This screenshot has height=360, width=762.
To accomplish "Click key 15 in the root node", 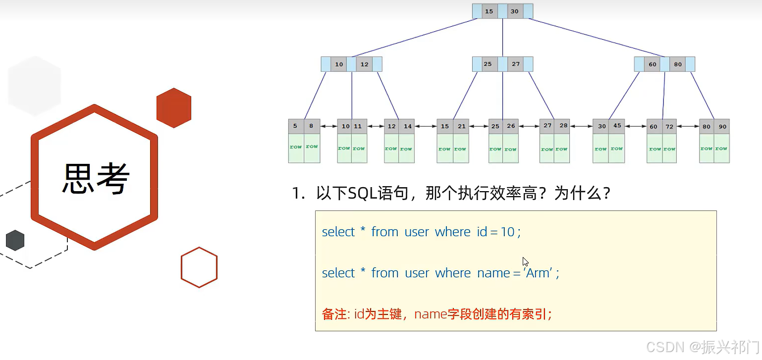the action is pos(489,11).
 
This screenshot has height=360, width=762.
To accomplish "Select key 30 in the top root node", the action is pos(515,11).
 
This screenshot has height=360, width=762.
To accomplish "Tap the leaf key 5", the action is pos(295,126).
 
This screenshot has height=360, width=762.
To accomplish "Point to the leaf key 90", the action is pos(722,126).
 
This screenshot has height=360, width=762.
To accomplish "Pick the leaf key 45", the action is pos(617,126).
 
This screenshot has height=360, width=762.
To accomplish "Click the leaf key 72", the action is pos(669,126).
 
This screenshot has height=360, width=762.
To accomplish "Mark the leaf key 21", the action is pos(461,126).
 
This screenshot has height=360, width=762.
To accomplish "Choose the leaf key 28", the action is pos(563,125).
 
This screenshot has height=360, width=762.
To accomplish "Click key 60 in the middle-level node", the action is pos(653,64).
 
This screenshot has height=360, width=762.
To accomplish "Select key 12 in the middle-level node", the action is pos(364,64).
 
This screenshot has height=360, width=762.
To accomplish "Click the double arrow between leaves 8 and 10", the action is pos(328,126).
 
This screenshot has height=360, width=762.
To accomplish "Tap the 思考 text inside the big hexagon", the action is pos(96,178).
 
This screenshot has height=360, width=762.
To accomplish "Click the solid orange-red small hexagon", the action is pos(174,108).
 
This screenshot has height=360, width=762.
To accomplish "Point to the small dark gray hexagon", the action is pos(15,240).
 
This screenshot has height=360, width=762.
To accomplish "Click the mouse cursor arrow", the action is pos(525,262).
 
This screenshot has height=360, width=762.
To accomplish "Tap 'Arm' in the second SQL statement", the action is pos(538,273).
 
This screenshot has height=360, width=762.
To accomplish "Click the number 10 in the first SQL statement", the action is pos(507,232).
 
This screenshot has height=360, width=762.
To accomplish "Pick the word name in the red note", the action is pos(431,314).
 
